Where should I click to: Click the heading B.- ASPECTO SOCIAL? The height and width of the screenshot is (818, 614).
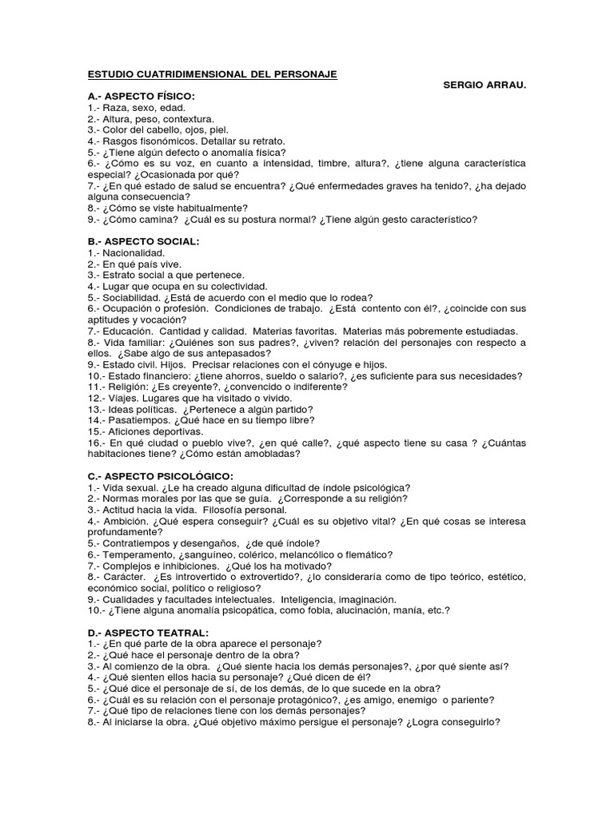[143, 240]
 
